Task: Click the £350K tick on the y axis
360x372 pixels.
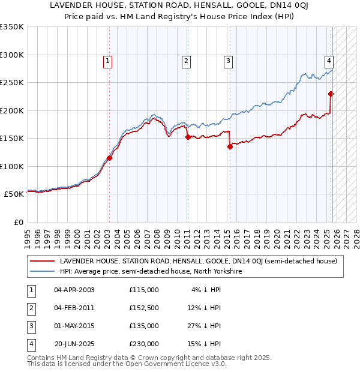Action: (x=12, y=27)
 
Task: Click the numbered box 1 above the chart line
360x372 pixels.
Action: (x=107, y=60)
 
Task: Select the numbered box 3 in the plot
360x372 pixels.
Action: (x=229, y=60)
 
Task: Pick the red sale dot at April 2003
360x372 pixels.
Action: (x=109, y=158)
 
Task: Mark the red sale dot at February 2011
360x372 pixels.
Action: (x=187, y=137)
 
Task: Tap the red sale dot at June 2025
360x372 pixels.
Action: (x=331, y=94)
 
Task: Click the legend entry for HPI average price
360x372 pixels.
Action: (x=150, y=271)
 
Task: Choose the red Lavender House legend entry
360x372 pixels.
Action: (x=198, y=261)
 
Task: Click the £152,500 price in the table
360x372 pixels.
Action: (x=144, y=308)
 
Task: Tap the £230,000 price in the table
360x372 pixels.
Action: (x=144, y=344)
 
